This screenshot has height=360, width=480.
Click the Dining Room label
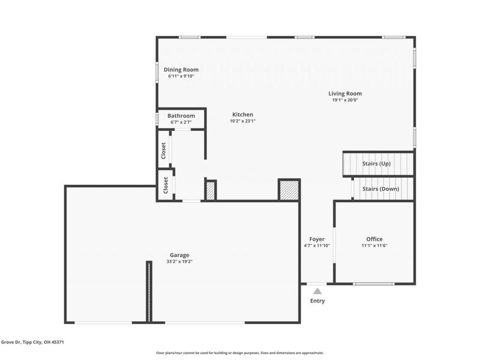[182, 70]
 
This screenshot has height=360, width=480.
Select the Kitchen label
[242, 115]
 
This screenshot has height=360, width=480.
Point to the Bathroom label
[181, 116]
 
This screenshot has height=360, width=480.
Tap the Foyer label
[317, 239]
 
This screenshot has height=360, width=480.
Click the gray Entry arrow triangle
[317, 291]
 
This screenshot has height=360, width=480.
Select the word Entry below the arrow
[317, 301]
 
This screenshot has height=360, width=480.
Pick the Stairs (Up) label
[376, 163]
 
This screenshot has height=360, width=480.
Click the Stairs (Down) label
[380, 189]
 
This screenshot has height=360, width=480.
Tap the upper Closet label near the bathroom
[163, 150]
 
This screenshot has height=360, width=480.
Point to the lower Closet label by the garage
[166, 185]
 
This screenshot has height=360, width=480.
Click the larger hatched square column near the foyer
[288, 190]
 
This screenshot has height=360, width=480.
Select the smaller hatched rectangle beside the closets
[211, 190]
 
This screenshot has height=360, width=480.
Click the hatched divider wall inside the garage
[149, 291]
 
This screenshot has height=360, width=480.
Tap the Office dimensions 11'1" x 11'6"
[374, 246]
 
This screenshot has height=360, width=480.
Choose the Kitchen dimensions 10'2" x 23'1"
[242, 121]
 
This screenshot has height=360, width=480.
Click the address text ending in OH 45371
[33, 342]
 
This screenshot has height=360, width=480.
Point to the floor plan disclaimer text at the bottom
[240, 353]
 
